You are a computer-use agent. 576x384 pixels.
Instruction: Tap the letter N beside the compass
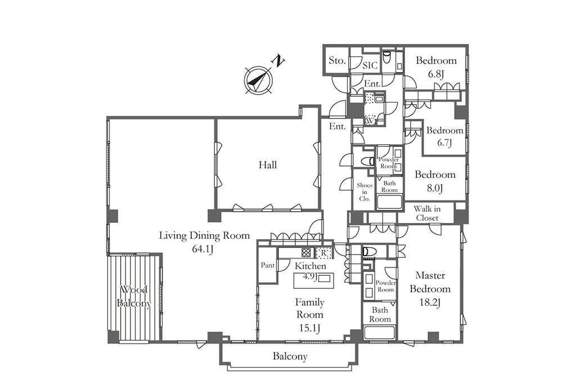pos(278,61)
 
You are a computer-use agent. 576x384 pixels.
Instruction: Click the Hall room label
pos(268,165)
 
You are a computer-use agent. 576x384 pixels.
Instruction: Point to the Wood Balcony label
pos(134,296)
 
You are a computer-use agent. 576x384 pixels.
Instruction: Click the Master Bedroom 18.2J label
pos(430,289)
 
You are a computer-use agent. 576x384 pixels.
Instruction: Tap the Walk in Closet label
pos(427,213)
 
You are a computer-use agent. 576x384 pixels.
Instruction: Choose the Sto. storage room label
pos(337,60)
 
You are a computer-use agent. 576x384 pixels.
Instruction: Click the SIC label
pos(370,65)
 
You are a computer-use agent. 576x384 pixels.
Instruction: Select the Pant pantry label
pos(268,265)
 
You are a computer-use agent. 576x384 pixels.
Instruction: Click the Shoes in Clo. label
pos(364,191)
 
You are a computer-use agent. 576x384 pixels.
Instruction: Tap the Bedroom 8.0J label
pos(435,181)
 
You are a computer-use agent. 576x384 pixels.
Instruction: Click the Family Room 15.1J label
pos(310,315)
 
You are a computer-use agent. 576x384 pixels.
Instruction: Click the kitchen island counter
pos(313,280)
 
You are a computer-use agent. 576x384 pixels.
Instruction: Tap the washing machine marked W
pos(370,120)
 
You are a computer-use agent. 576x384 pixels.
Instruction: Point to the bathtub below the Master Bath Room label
pos(380,333)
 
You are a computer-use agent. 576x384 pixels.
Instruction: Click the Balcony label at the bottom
pos(290,356)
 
